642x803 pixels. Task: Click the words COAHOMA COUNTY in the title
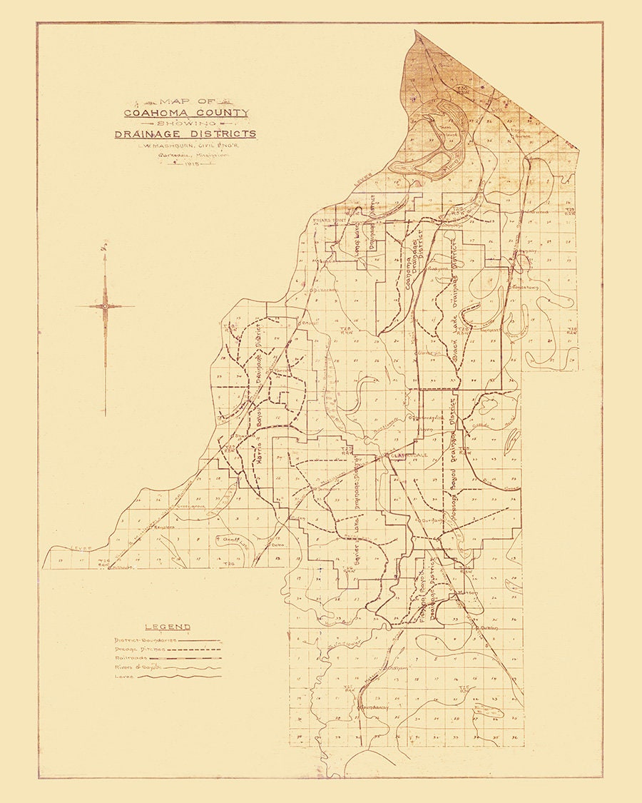coord(186,112)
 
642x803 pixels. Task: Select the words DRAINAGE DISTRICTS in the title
coord(185,134)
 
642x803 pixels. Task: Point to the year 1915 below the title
coord(190,166)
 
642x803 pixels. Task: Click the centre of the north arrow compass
coord(105,306)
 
